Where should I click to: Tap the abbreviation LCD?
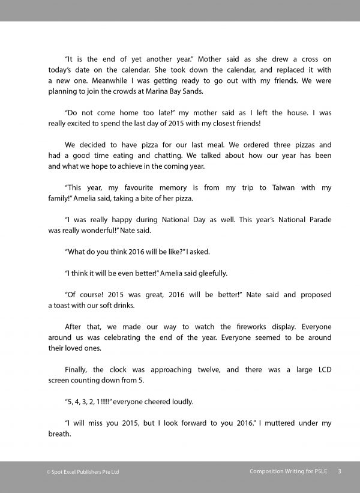click(320, 370)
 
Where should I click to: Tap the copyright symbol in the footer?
click(49, 472)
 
